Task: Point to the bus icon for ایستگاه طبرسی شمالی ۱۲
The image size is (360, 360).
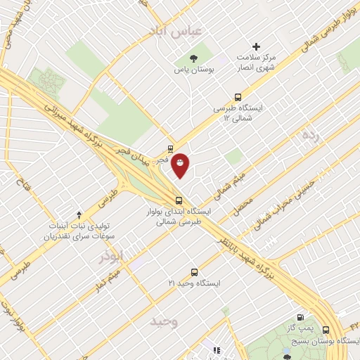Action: click(238, 98)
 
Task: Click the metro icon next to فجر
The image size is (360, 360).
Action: click(171, 149)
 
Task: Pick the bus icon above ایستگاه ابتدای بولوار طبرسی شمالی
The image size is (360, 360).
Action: click(179, 198)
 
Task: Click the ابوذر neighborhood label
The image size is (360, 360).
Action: click(114, 257)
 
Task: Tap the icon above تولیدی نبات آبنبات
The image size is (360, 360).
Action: click(79, 214)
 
